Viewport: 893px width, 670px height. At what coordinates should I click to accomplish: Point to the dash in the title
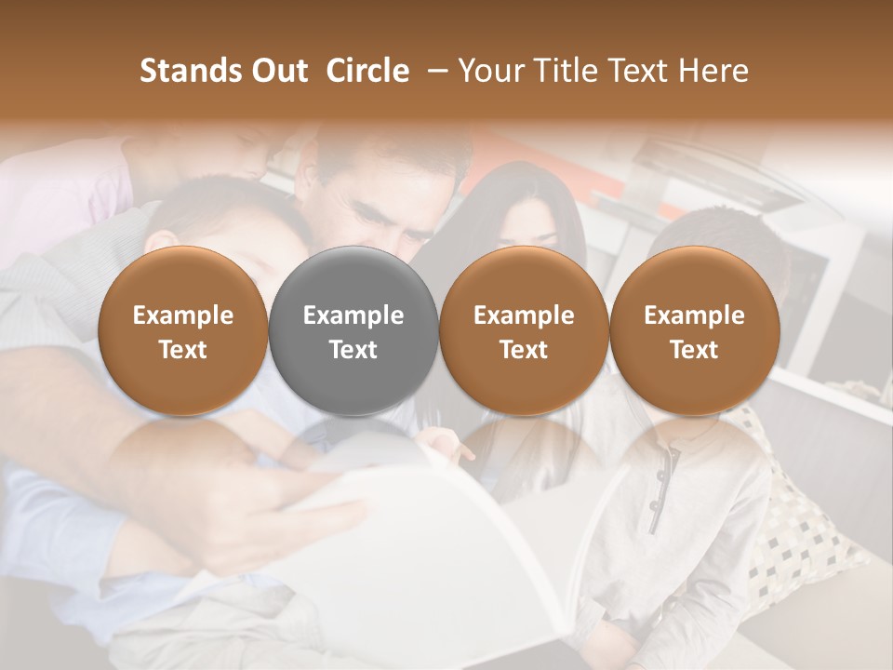tap(433, 71)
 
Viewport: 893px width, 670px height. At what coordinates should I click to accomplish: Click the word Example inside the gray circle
tap(353, 315)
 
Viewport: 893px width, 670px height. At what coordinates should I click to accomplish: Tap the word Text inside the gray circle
tap(353, 350)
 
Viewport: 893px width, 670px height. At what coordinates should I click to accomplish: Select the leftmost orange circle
tap(182, 330)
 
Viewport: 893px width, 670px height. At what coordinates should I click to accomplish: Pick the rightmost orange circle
tap(694, 330)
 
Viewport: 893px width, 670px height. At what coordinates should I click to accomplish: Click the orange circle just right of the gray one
tap(524, 330)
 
